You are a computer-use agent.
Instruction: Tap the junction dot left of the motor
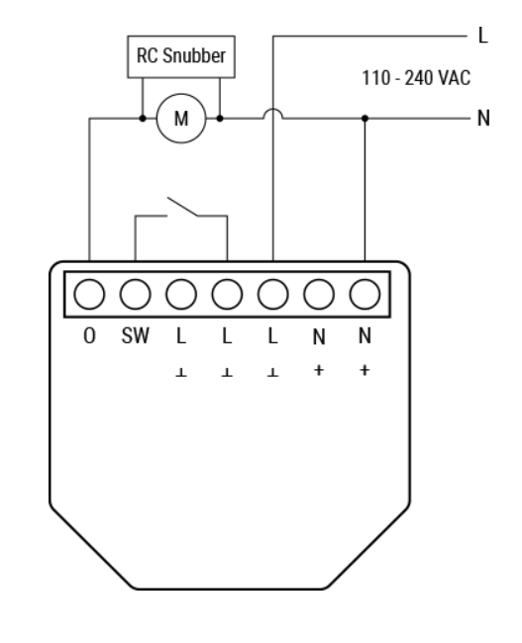click(x=143, y=119)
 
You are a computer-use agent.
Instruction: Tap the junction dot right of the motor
click(x=220, y=119)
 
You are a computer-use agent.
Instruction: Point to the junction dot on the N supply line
click(x=365, y=119)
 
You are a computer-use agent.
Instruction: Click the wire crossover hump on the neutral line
click(x=273, y=110)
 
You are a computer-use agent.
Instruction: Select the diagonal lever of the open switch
click(x=182, y=207)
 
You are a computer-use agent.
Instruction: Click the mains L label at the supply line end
click(x=483, y=36)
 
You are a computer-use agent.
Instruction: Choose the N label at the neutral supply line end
click(x=483, y=119)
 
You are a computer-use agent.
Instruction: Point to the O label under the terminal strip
click(x=89, y=336)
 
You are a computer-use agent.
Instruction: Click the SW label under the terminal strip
click(x=136, y=336)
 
